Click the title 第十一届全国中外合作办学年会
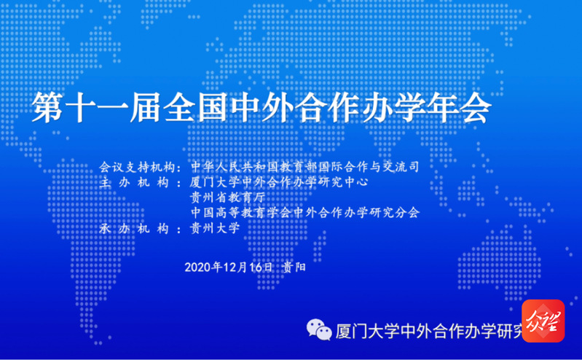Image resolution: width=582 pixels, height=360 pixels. click(261, 107)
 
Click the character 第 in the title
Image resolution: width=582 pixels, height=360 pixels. click(47, 107)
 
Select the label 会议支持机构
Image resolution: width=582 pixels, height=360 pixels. click(137, 167)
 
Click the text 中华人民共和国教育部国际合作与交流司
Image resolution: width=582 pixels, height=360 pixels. click(304, 167)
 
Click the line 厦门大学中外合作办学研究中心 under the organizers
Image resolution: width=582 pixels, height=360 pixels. click(279, 182)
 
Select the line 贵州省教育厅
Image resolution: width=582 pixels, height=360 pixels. click(227, 197)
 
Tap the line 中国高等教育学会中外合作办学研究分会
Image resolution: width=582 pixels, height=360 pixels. click(305, 213)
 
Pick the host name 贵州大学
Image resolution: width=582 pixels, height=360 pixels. click(215, 228)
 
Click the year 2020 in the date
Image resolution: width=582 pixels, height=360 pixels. click(197, 267)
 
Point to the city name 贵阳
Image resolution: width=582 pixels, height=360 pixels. click(294, 267)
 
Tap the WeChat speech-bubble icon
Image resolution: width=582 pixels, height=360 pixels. click(319, 329)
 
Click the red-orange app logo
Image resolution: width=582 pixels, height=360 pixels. click(543, 321)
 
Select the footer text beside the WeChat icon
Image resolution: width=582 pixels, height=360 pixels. click(429, 331)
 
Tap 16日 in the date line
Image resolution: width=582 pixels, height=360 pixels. click(261, 267)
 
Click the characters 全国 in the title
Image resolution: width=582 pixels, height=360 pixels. click(195, 107)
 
